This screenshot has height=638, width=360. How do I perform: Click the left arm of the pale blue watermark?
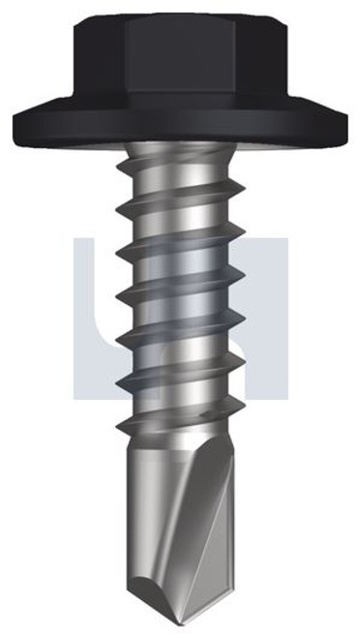(x=92, y=319)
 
